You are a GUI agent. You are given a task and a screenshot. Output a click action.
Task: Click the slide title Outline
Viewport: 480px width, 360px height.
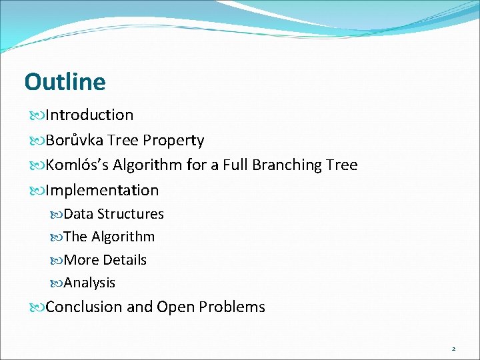point(65,82)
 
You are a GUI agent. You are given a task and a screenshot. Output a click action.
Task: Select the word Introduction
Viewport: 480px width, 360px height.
point(89,115)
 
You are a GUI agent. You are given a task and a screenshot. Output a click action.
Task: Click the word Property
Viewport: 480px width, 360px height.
point(173,140)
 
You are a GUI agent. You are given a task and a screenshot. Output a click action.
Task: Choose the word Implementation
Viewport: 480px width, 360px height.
point(102,190)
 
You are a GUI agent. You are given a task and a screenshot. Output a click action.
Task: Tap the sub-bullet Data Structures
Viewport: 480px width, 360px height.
point(113,214)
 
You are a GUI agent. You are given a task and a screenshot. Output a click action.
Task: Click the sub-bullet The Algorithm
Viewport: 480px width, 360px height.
point(109,237)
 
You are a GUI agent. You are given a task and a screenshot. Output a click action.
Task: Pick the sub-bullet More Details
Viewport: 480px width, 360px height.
point(105,260)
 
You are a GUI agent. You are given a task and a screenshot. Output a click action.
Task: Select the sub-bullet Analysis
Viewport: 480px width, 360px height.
point(89,283)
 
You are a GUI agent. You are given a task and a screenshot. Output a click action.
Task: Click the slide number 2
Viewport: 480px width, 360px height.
point(453,349)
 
